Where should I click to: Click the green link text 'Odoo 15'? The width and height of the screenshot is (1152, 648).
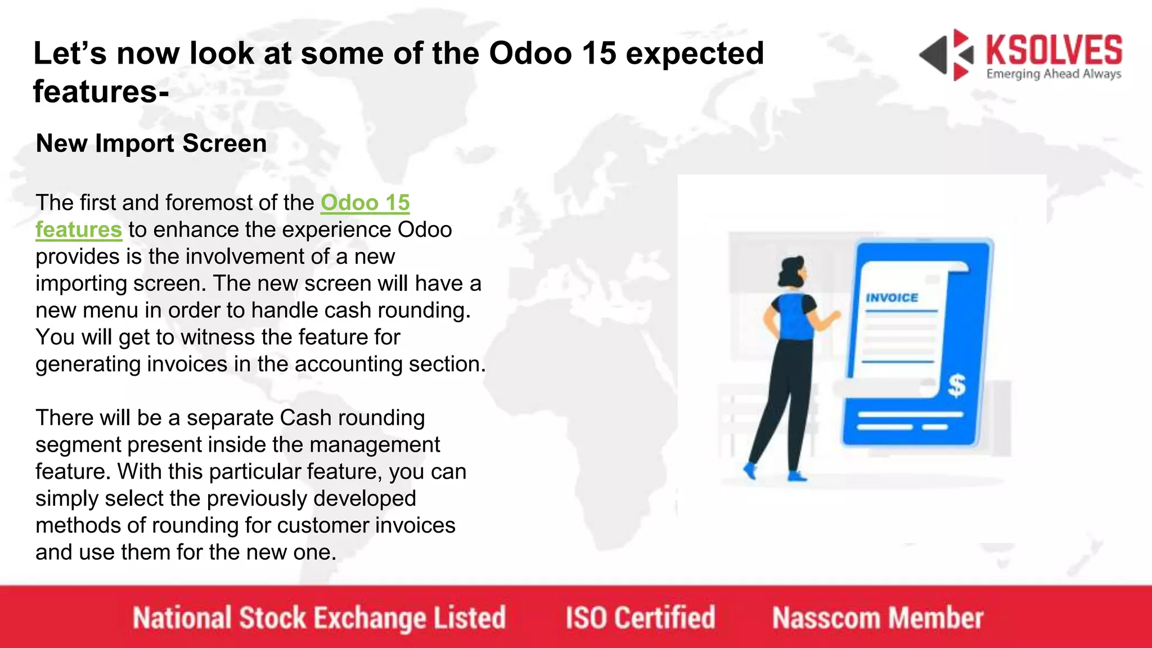[x=365, y=203]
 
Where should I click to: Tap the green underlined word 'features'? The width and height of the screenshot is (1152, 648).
[x=79, y=230]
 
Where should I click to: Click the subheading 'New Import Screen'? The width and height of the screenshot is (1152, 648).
[x=151, y=143]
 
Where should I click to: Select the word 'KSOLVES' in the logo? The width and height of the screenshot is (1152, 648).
[x=1054, y=51]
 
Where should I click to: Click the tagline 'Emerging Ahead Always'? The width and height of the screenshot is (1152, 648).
[x=1054, y=74]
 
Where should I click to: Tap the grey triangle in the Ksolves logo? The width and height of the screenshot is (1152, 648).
[x=934, y=55]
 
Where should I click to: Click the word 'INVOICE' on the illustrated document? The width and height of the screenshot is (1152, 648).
[x=892, y=298]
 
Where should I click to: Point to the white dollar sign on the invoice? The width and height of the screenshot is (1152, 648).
[x=956, y=385]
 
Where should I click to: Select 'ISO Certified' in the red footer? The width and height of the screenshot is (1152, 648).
[x=640, y=618]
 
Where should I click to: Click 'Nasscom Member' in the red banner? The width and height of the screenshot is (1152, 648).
[x=877, y=618]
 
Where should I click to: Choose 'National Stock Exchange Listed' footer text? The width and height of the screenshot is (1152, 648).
[x=319, y=618]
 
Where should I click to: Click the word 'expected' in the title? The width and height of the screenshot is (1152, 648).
[x=695, y=54]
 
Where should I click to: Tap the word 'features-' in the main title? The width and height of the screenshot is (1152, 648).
[x=101, y=92]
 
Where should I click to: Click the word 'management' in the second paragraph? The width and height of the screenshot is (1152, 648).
[x=374, y=445]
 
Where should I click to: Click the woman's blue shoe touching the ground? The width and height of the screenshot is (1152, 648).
[x=796, y=477]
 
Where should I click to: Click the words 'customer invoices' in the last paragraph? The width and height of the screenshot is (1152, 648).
[x=366, y=525]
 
